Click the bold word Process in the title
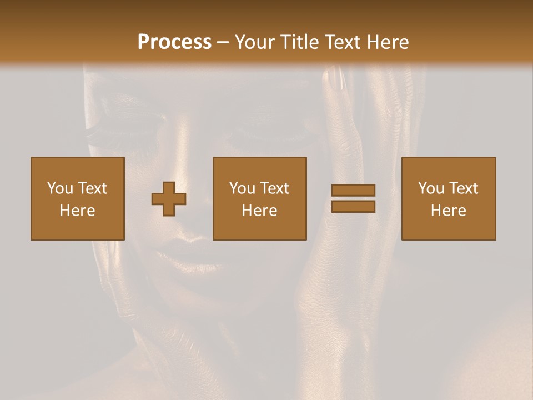174,42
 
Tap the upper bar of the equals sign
353,191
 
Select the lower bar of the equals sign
353,207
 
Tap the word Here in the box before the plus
78,211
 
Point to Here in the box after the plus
260,211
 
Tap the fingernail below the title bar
335,78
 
